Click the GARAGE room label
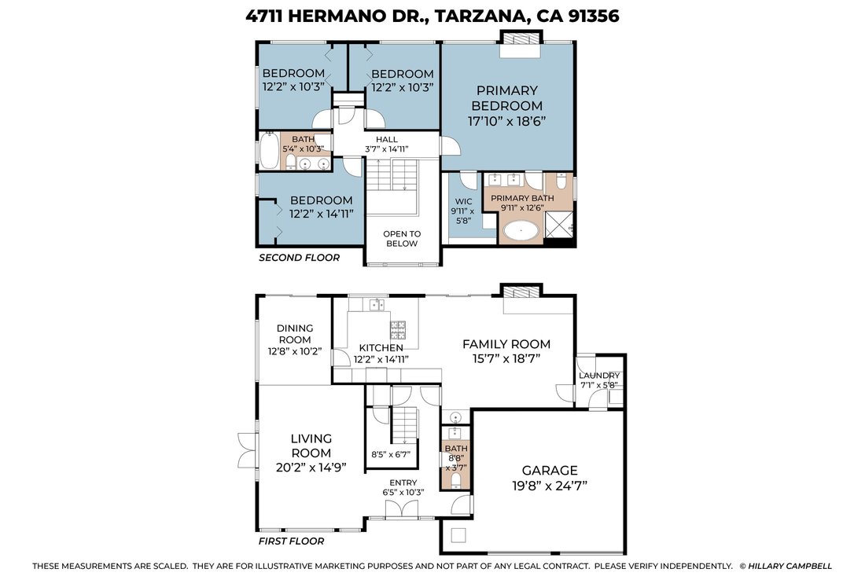click(550, 470)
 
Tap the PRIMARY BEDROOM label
click(507, 98)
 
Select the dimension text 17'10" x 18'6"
click(507, 121)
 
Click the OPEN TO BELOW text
click(402, 239)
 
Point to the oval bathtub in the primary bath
click(522, 230)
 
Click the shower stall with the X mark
click(558, 225)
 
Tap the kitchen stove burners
click(398, 328)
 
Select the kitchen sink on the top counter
click(377, 304)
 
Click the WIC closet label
click(463, 202)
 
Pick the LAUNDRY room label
click(599, 376)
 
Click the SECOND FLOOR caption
click(299, 258)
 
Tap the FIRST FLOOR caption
click(291, 541)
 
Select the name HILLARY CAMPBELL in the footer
click(790, 566)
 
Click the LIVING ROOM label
click(311, 446)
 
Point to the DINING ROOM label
click(295, 334)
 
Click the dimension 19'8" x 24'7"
click(550, 486)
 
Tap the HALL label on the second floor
click(387, 139)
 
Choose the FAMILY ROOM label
click(506, 344)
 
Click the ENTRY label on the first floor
click(403, 482)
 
